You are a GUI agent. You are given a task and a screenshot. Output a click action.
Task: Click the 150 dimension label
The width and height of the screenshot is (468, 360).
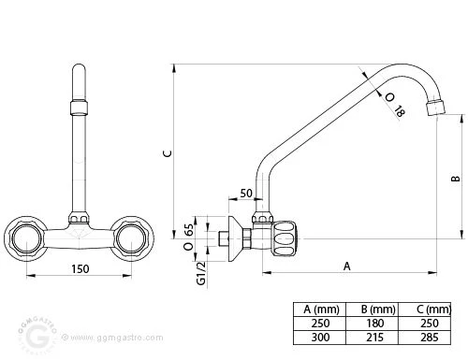point(80,268)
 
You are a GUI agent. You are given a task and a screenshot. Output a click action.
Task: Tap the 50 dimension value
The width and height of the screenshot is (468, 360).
point(246,194)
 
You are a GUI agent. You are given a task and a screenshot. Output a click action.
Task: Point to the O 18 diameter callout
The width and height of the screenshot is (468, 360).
point(395,106)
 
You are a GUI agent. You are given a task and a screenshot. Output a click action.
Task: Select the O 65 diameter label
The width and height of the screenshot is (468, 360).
point(188,238)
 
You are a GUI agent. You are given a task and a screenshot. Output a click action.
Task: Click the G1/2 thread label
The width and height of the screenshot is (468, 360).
point(201,273)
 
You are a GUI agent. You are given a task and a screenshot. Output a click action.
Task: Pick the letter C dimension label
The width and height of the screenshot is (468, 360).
point(168,153)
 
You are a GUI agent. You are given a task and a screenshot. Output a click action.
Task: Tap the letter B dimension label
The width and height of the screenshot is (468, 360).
point(456,179)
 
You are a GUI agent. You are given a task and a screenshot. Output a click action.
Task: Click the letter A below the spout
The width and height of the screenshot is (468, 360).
point(347,266)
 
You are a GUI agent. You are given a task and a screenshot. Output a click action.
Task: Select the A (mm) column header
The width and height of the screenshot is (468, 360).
point(321,310)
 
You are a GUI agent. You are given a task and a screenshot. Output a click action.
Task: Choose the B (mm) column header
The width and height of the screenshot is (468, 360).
point(378,310)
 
